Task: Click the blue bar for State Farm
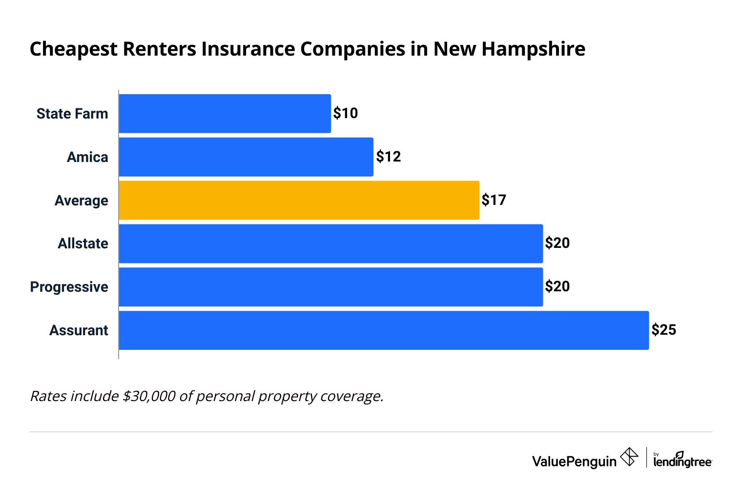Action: tap(225, 114)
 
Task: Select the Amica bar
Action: tap(246, 157)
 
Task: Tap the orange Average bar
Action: tap(299, 200)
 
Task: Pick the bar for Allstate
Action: tap(330, 243)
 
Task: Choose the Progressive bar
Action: tap(330, 287)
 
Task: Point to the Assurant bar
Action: tap(384, 330)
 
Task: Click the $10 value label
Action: tap(346, 113)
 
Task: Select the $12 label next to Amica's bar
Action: tap(388, 157)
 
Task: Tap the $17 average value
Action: tap(494, 200)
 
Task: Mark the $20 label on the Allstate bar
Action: tap(557, 243)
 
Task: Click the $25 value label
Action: tap(664, 330)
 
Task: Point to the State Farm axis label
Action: tap(72, 114)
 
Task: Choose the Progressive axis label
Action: tap(69, 287)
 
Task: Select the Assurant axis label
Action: tap(79, 330)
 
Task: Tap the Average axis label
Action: tap(81, 201)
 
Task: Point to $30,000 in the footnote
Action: tap(149, 396)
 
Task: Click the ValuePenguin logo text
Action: tap(574, 461)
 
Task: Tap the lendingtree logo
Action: tap(682, 460)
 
